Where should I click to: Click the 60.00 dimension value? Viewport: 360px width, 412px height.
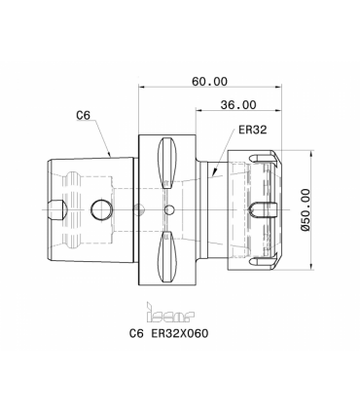point(209,81)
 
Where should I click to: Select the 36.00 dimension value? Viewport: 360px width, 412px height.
point(238,105)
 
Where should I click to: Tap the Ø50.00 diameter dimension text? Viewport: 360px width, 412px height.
point(306,209)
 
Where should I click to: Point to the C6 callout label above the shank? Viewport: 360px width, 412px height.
point(83,115)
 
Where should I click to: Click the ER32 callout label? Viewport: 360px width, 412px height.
point(253,130)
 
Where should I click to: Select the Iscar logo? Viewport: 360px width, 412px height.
point(170,313)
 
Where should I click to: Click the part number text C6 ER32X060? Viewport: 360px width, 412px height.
point(168,333)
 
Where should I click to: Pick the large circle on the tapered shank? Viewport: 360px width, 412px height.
point(102,209)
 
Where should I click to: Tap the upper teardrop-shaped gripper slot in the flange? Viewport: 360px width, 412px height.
point(167,163)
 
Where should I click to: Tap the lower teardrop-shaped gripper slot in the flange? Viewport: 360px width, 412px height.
point(167,256)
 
